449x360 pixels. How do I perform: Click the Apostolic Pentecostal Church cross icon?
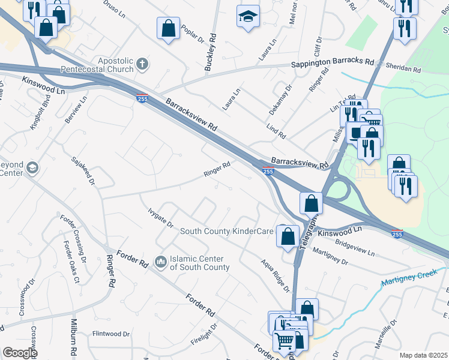pyautogui.click(x=142, y=63)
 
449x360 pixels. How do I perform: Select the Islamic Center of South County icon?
pyautogui.click(x=160, y=262)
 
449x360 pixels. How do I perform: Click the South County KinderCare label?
pyautogui.click(x=227, y=231)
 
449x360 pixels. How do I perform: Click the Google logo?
pyautogui.click(x=19, y=353)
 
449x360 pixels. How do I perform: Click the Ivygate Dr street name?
pyautogui.click(x=160, y=217)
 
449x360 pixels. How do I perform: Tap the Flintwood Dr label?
pyautogui.click(x=111, y=334)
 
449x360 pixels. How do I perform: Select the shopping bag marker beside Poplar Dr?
pyautogui.click(x=169, y=28)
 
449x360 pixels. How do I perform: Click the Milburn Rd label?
pyautogui.click(x=74, y=342)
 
